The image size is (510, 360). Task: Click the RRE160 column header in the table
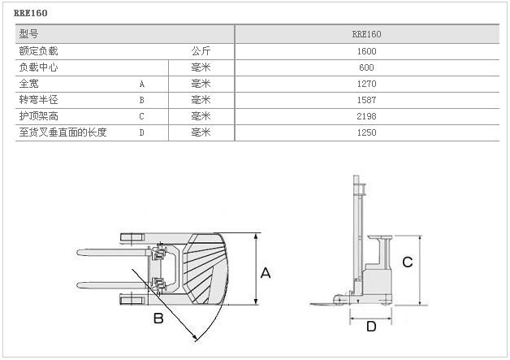tap(366, 34)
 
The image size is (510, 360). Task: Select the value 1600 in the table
tap(366, 51)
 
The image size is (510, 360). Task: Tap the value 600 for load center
tap(366, 67)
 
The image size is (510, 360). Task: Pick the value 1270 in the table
tap(366, 84)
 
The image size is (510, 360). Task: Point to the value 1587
tap(366, 100)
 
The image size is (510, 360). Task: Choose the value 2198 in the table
tap(366, 116)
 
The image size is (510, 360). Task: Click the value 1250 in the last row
tap(366, 132)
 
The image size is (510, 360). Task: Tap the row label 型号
tap(28, 34)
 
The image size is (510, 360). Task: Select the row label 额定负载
tap(38, 51)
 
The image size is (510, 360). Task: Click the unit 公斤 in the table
tap(201, 51)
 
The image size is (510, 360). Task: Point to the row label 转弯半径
tap(38, 100)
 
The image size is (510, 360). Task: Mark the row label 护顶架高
tap(38, 116)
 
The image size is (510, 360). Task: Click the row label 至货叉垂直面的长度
tap(63, 132)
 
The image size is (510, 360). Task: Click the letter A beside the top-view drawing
tap(265, 274)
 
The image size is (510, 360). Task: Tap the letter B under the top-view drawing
tap(158, 319)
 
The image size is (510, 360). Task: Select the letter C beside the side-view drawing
tap(408, 262)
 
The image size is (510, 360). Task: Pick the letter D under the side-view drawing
tap(370, 327)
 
